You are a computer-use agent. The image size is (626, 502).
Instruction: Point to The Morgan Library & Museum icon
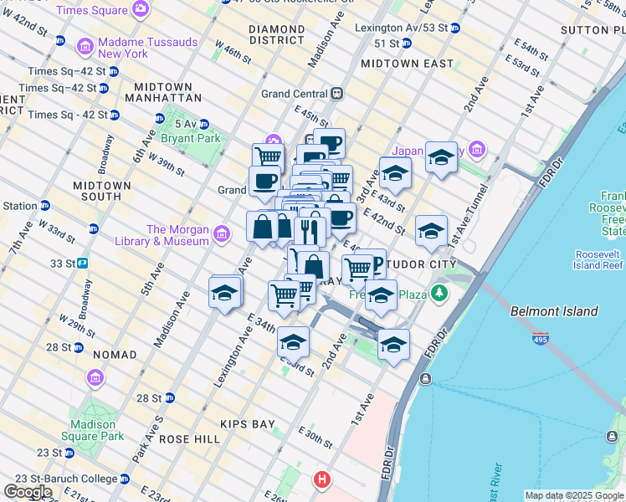click(222, 233)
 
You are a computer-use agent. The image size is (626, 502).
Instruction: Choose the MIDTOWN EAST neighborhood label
click(407, 64)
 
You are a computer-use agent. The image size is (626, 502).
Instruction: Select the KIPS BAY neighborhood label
click(247, 424)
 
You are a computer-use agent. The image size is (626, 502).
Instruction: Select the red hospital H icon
click(322, 480)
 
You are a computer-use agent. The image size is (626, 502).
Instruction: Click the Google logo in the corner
click(28, 492)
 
